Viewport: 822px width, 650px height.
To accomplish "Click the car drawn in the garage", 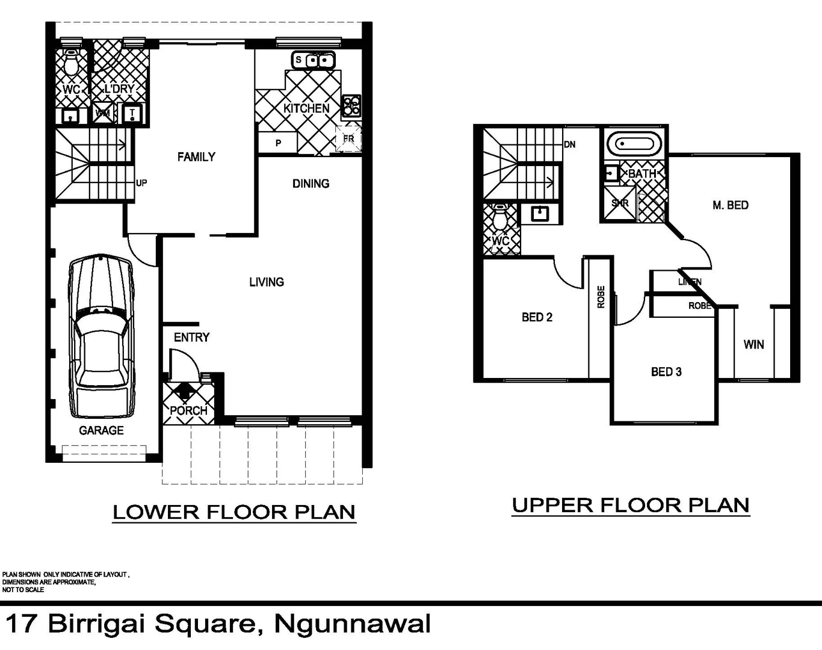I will (101, 336).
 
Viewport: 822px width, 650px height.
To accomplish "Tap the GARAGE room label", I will (101, 430).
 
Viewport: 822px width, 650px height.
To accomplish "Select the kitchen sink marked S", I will (313, 60).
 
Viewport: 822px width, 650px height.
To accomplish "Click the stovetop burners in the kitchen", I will (351, 106).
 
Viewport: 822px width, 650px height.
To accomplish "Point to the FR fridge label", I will (348, 139).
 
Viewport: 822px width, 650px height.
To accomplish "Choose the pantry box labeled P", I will (277, 143).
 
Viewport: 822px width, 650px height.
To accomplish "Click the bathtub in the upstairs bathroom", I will (634, 144).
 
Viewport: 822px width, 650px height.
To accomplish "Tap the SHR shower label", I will (619, 203).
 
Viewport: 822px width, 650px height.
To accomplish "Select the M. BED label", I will (730, 205).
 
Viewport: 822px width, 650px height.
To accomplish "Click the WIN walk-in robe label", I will (753, 344).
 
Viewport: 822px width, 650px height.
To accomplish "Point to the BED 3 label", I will (666, 372).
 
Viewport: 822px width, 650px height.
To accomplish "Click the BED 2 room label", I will (537, 317).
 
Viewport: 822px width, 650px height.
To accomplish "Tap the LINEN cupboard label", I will (690, 282).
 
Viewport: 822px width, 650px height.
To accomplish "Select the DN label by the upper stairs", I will (569, 144).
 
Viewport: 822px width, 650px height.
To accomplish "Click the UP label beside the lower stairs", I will (141, 183).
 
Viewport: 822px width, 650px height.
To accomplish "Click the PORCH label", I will (188, 410).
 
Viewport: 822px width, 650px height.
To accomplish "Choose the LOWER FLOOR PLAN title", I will (234, 512).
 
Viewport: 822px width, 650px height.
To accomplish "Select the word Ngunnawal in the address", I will (352, 624).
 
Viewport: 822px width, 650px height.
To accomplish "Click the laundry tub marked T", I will (132, 113).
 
